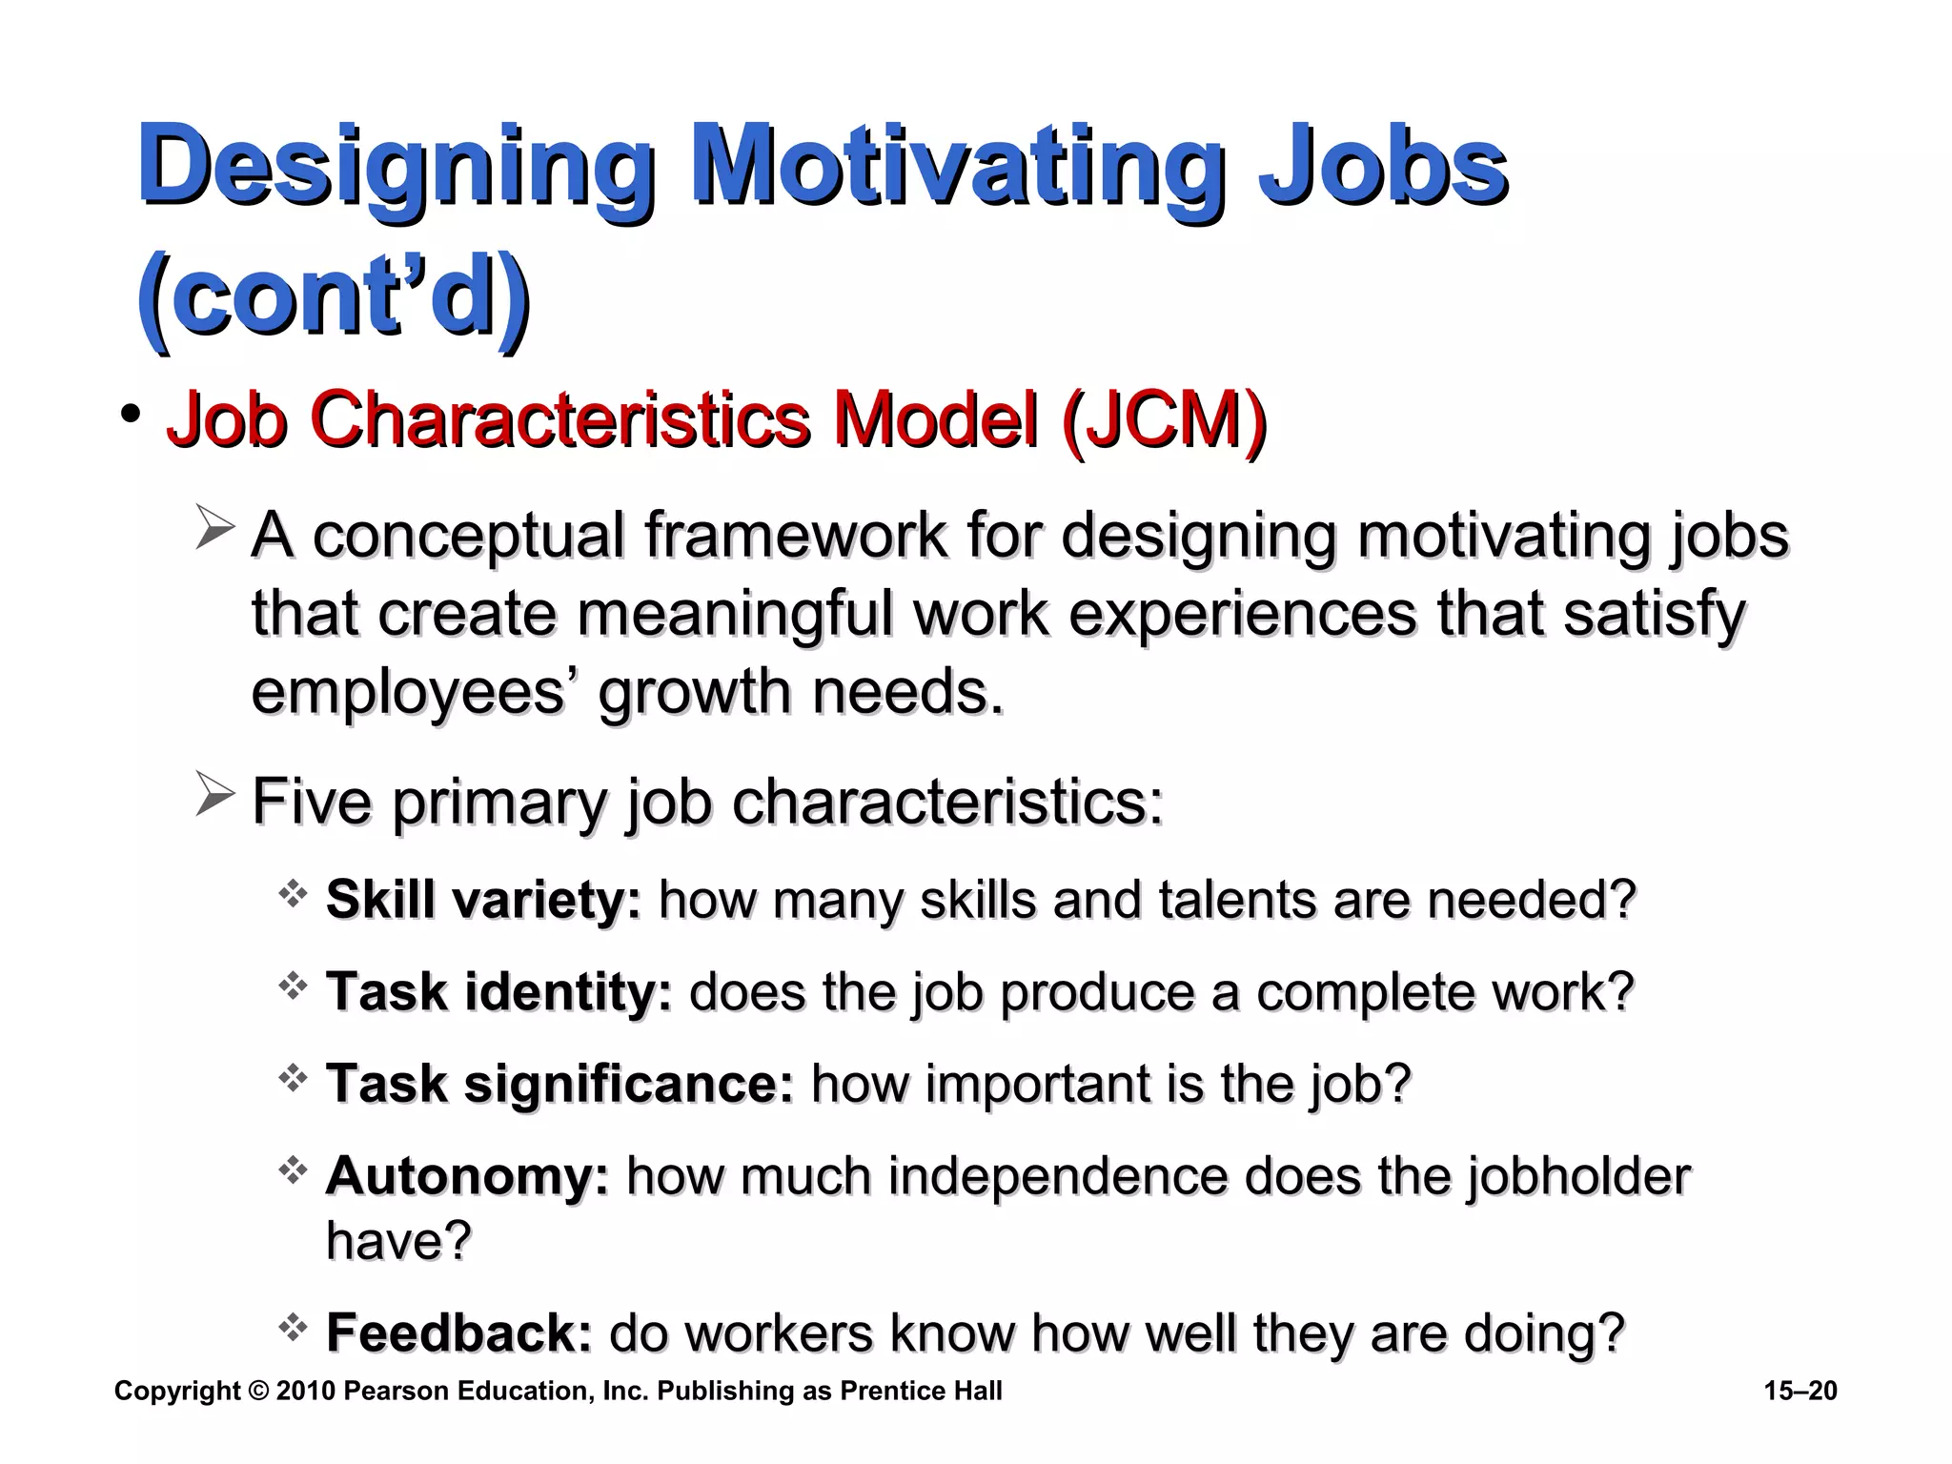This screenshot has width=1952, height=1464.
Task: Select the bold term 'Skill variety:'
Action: tap(483, 900)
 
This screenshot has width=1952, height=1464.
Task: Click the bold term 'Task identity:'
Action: tap(498, 992)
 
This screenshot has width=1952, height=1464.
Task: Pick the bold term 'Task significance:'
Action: tap(559, 1084)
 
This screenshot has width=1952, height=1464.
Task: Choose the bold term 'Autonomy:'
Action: tap(467, 1176)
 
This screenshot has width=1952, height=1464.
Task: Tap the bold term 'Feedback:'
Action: tap(459, 1332)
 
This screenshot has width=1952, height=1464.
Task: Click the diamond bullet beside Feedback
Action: tap(293, 1326)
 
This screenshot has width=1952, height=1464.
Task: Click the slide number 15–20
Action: tap(1799, 1392)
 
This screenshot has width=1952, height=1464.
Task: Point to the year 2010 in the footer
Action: tap(305, 1392)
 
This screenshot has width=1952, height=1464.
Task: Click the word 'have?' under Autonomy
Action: tap(398, 1241)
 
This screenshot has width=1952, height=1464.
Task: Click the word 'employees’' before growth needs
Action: tap(409, 692)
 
